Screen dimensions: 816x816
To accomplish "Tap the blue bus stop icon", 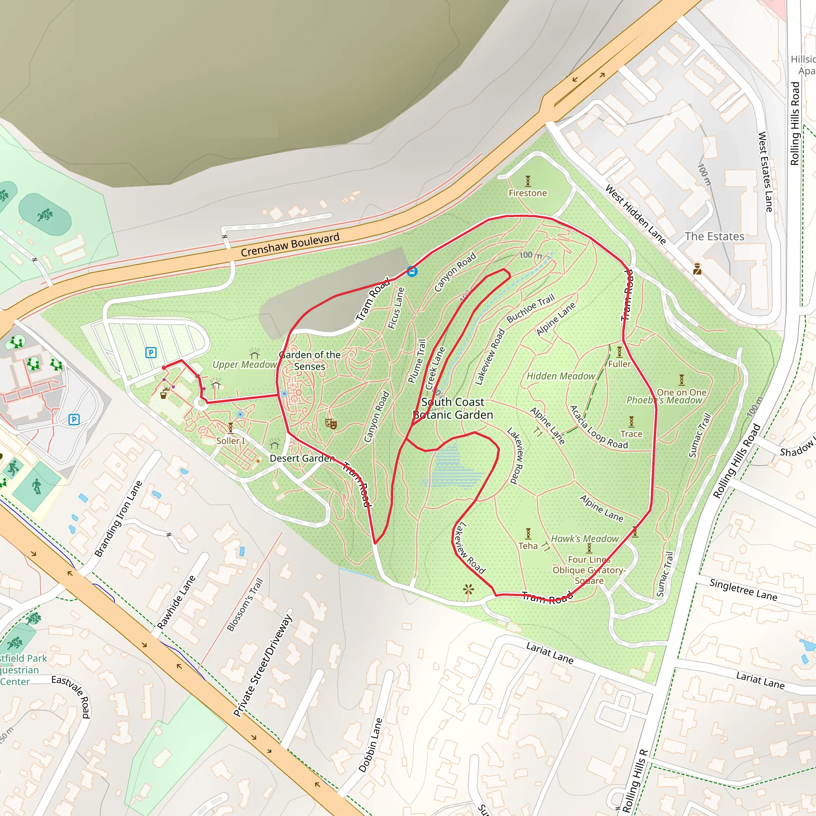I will point(412,271).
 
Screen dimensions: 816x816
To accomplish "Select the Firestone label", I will point(528,193).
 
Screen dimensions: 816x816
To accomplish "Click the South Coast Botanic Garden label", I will point(453,408).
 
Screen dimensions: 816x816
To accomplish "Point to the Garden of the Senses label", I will point(310,361).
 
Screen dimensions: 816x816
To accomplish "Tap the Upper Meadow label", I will point(244,365).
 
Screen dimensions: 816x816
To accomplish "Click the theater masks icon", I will point(331,423).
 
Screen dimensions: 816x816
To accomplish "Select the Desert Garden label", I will point(302,458).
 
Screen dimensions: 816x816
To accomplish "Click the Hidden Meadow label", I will point(561,376).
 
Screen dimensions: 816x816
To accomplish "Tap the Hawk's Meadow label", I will point(585,539).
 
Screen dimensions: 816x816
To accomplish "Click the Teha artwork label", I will point(528,546).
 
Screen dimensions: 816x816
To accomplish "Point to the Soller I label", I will point(231,441).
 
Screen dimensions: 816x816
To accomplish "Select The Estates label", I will point(714,237).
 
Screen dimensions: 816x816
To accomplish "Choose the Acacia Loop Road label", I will point(598,428).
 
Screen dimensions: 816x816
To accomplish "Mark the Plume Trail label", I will point(417,361).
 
